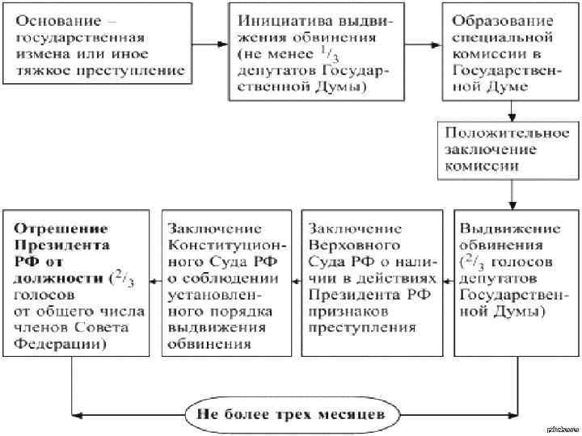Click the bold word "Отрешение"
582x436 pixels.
point(56,227)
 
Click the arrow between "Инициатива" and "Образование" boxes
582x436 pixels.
point(422,44)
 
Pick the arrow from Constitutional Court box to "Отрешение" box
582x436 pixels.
point(157,280)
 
